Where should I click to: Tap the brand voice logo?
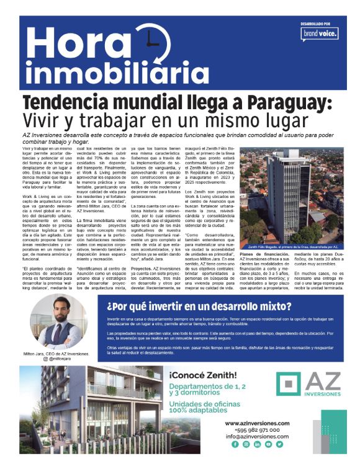(320, 33)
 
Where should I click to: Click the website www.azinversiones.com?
(257, 423)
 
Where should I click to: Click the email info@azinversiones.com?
(257, 437)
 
